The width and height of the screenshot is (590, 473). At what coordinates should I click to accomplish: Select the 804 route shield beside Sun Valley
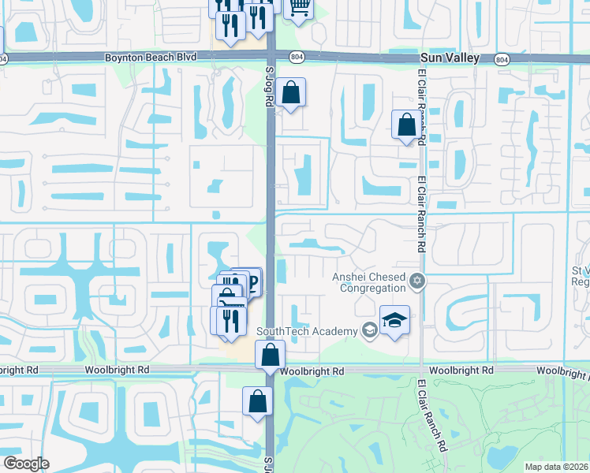pyautogui.click(x=502, y=59)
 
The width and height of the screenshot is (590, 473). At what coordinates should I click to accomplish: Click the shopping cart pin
pyautogui.click(x=299, y=7)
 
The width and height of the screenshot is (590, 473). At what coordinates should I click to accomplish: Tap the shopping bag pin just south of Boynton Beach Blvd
pyautogui.click(x=291, y=93)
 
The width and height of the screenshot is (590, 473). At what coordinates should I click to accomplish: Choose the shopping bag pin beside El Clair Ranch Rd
pyautogui.click(x=406, y=125)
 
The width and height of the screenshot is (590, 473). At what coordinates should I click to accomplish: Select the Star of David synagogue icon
pyautogui.click(x=417, y=280)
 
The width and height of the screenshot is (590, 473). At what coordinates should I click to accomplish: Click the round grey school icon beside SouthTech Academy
pyautogui.click(x=368, y=330)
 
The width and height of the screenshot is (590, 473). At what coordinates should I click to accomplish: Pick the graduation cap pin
pyautogui.click(x=394, y=319)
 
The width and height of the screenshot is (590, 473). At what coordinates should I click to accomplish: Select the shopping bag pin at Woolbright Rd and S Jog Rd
pyautogui.click(x=271, y=355)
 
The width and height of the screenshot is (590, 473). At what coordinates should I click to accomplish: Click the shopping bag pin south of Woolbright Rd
pyautogui.click(x=257, y=401)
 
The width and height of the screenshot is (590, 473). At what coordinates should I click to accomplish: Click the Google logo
pyautogui.click(x=26, y=464)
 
